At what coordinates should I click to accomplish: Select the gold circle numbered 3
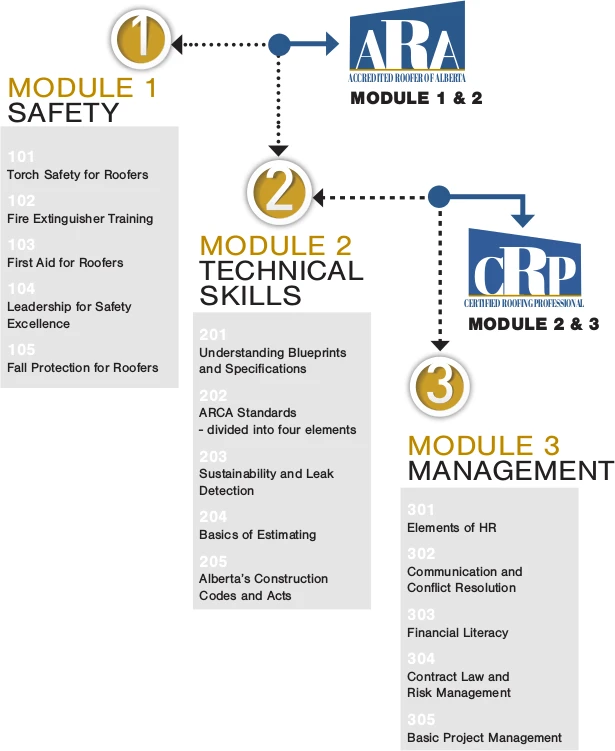point(438,385)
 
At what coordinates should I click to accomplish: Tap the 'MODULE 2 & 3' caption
point(533,324)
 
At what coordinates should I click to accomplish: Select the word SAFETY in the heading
point(64,112)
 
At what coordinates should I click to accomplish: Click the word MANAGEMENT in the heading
point(509,470)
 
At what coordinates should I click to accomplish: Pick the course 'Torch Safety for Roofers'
point(77,175)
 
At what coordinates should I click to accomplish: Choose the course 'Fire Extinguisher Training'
point(80,219)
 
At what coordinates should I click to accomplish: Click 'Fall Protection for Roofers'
point(82,368)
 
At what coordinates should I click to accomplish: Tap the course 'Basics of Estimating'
point(257,535)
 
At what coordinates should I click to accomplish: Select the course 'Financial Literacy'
point(457,633)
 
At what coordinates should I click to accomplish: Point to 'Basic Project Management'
point(484,738)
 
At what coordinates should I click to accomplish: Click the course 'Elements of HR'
point(451,528)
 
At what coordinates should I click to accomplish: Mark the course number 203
point(213,457)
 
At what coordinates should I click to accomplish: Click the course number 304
point(421,659)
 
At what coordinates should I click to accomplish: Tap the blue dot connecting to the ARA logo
point(279,44)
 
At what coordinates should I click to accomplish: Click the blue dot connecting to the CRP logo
point(438,196)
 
